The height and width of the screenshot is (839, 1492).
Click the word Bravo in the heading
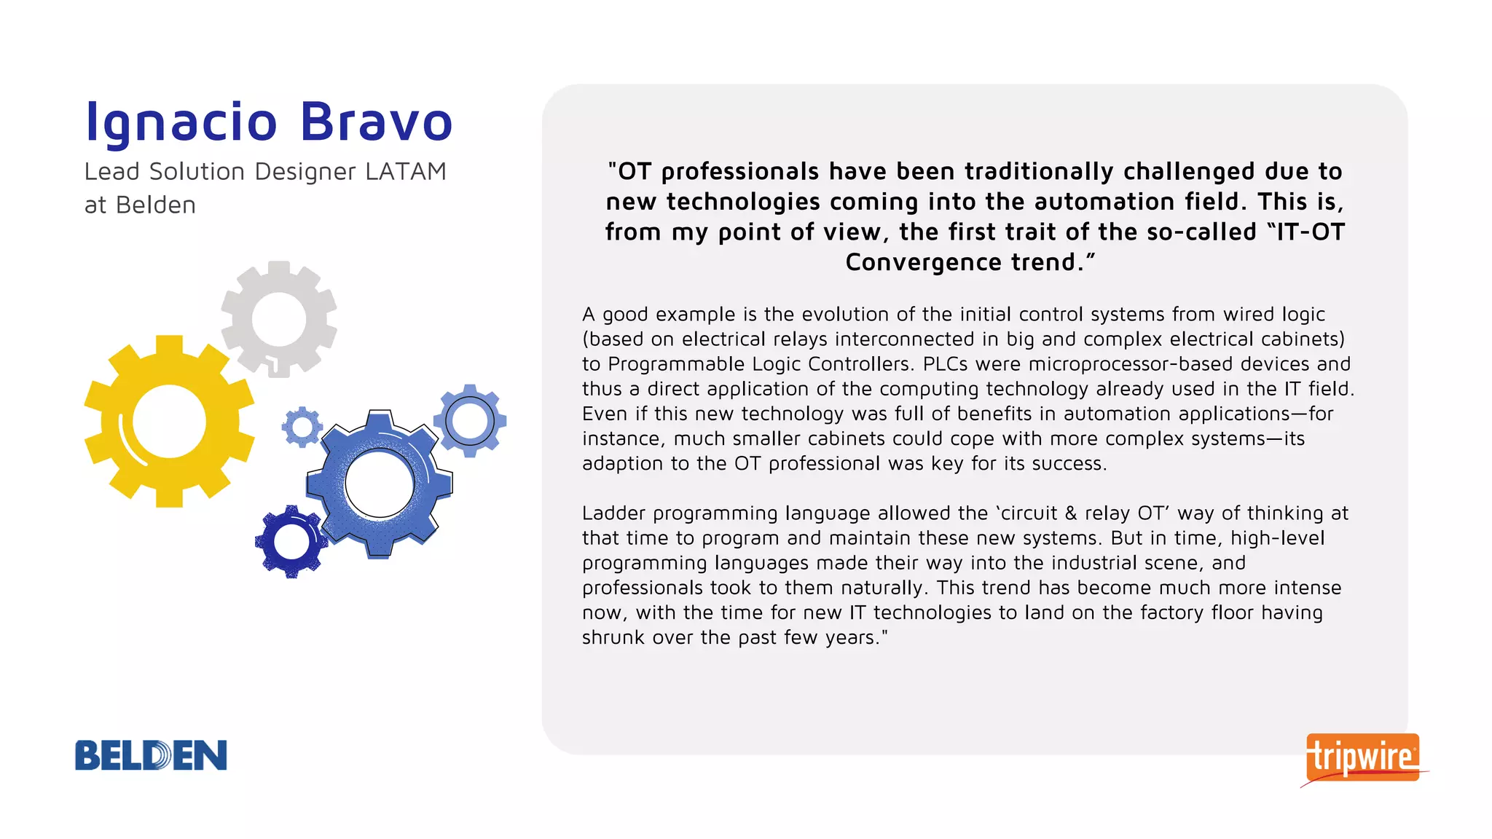(x=376, y=122)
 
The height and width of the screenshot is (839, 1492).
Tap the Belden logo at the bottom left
(x=151, y=755)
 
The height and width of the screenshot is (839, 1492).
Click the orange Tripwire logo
(x=1362, y=757)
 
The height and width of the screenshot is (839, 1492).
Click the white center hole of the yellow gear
(x=169, y=422)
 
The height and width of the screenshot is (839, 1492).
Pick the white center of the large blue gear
(x=380, y=484)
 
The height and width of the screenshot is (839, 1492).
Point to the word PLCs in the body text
(x=948, y=364)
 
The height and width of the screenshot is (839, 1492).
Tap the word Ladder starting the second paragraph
(x=613, y=513)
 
